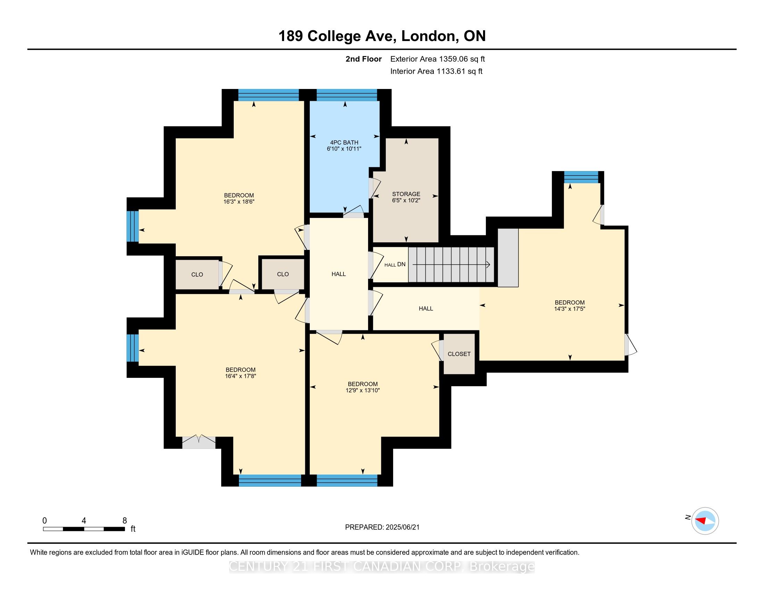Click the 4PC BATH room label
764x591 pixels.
pyautogui.click(x=344, y=143)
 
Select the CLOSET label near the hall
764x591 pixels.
pyautogui.click(x=459, y=354)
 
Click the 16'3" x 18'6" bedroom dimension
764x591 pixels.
pyautogui.click(x=239, y=202)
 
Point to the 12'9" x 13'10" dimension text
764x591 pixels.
pyautogui.click(x=363, y=390)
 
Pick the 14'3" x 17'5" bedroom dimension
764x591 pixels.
pyautogui.click(x=570, y=309)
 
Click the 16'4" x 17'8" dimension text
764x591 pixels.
pyautogui.click(x=241, y=376)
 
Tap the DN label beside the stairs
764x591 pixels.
pyautogui.click(x=401, y=264)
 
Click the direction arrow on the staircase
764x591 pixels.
pyautogui.click(x=451, y=265)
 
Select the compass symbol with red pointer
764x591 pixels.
pyautogui.click(x=705, y=521)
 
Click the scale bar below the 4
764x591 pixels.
pyautogui.click(x=84, y=529)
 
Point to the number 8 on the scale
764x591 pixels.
pyautogui.click(x=125, y=520)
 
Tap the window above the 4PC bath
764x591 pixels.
pyautogui.click(x=347, y=95)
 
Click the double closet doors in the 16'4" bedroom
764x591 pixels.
pyautogui.click(x=199, y=442)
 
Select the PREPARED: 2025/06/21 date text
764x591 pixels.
pyautogui.click(x=382, y=527)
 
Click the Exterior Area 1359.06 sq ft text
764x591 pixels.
pyautogui.click(x=438, y=59)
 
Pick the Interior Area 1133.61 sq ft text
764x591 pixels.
pyautogui.click(x=436, y=71)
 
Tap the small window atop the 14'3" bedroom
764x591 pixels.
pyautogui.click(x=581, y=177)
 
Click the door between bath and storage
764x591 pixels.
pyautogui.click(x=374, y=188)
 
